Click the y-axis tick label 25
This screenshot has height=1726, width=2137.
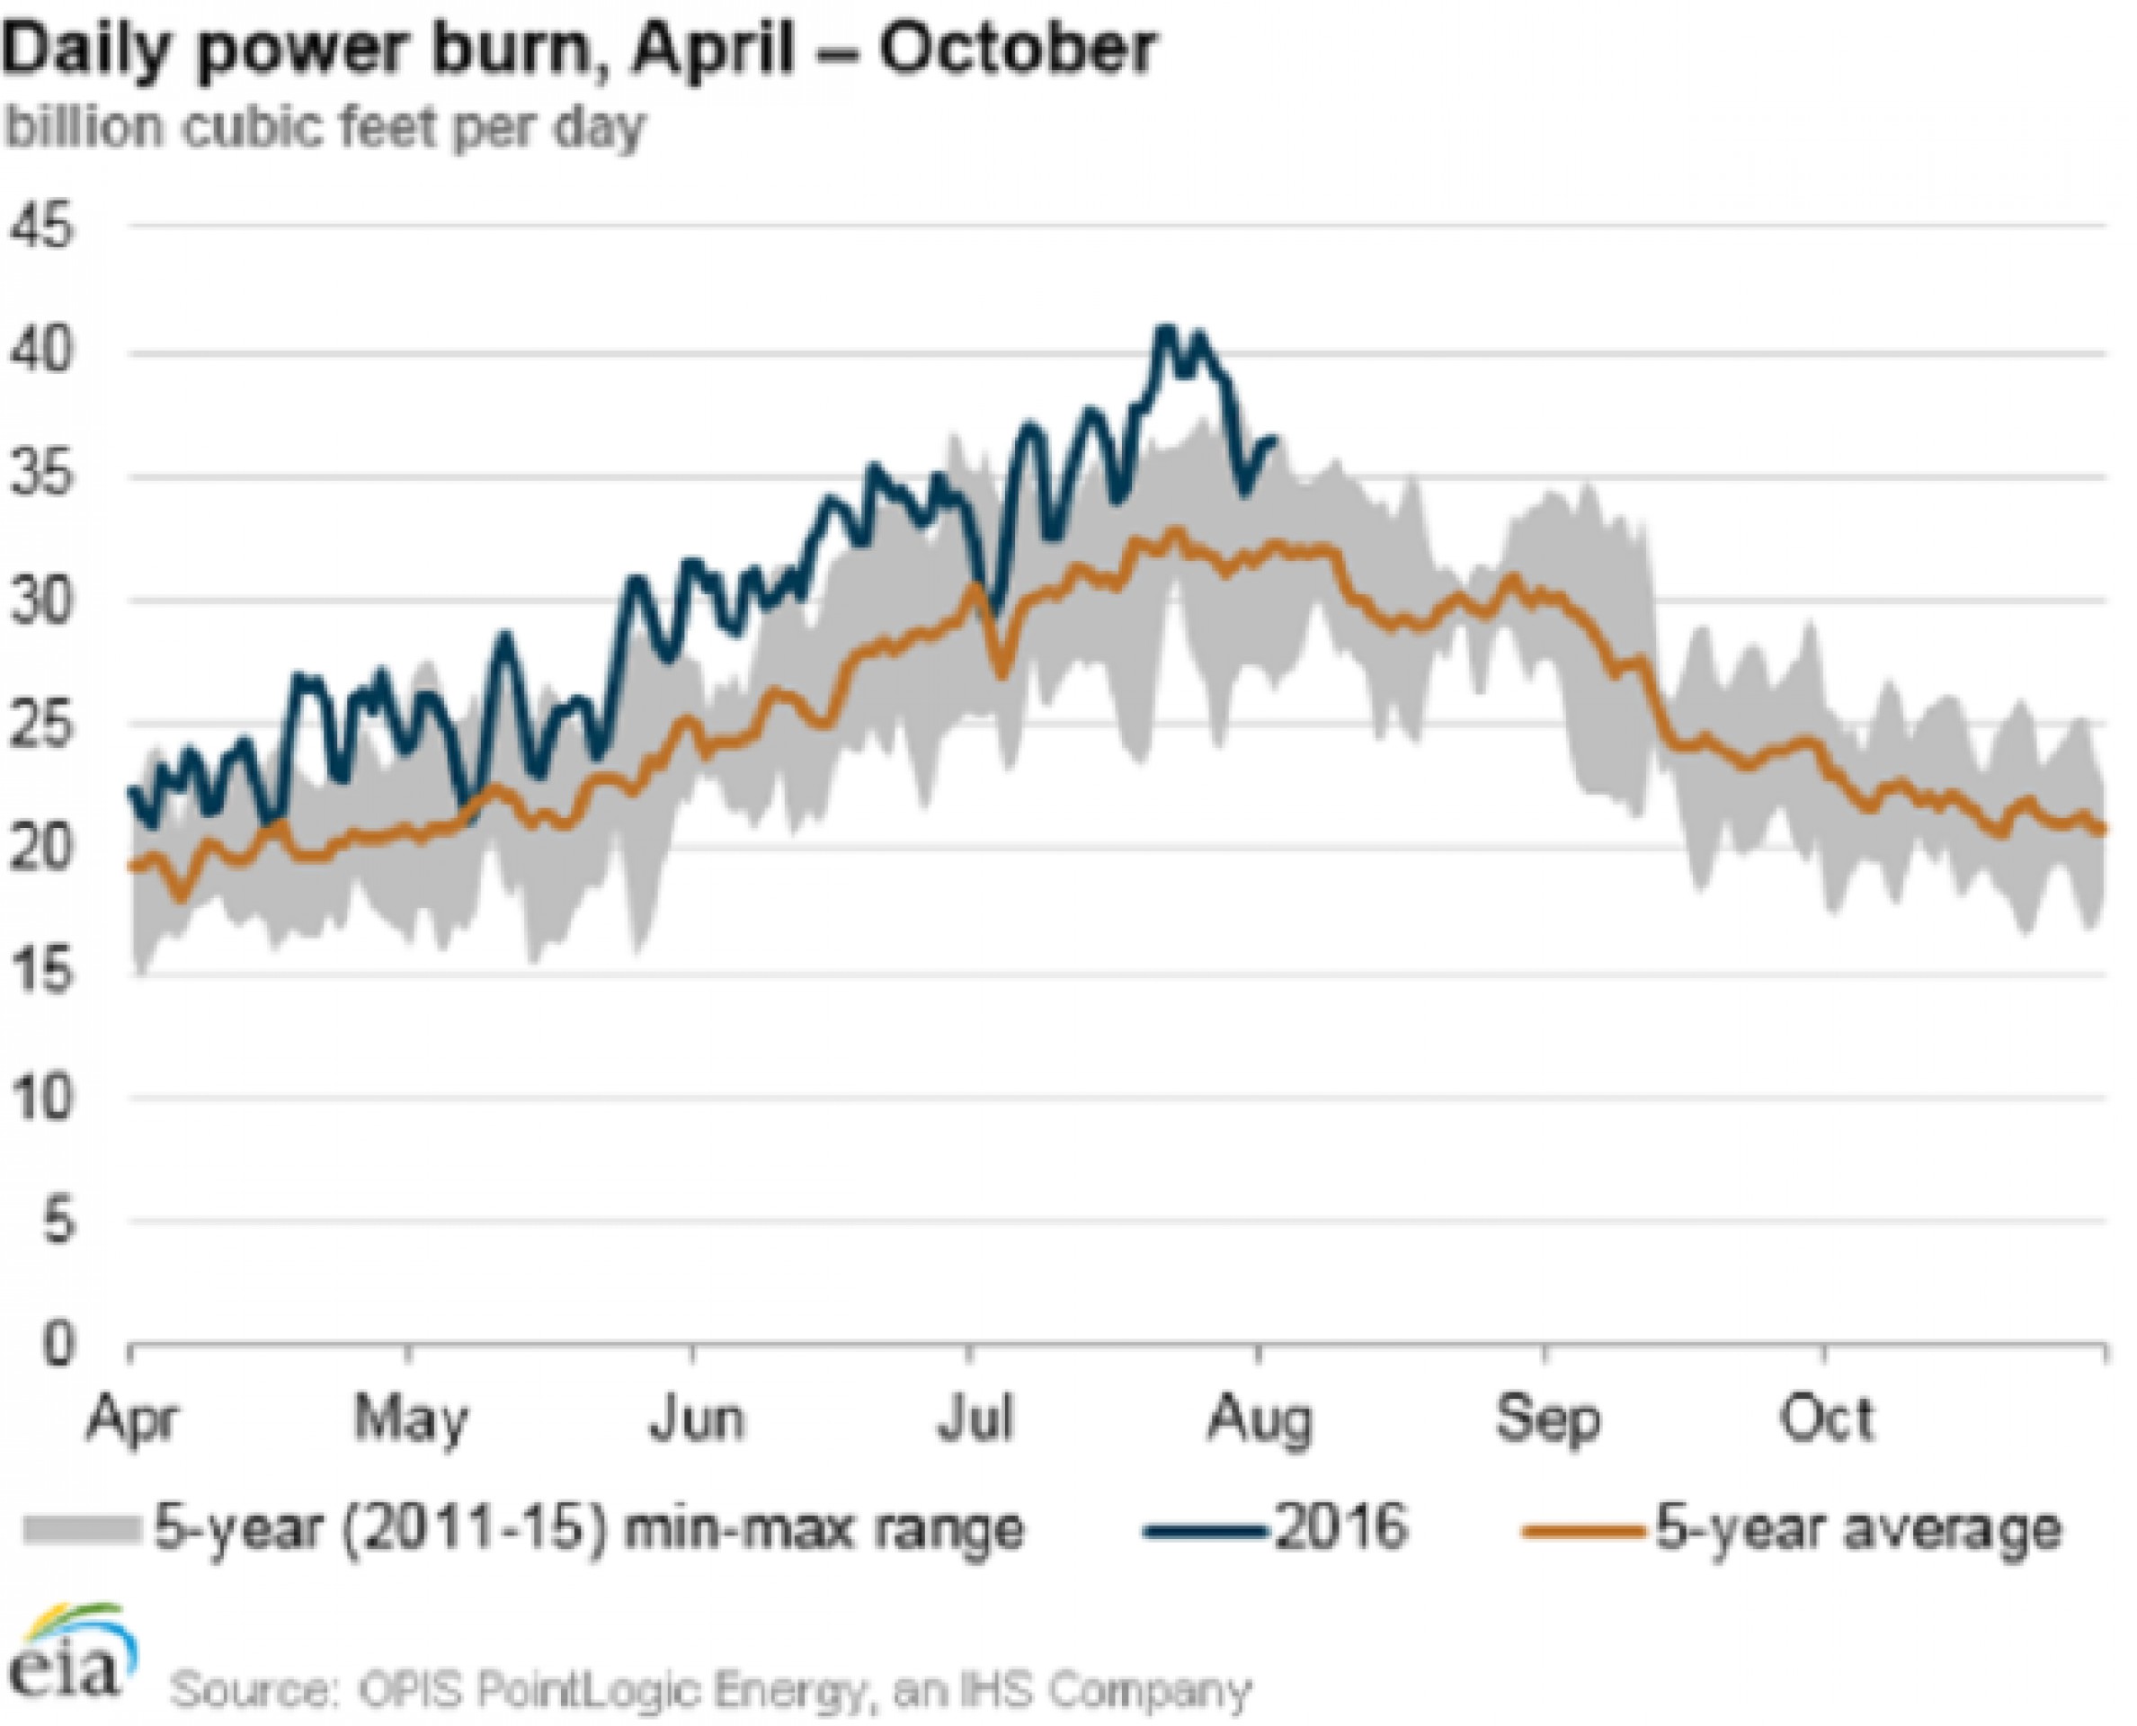pos(44,726)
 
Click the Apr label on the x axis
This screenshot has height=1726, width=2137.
pos(131,1419)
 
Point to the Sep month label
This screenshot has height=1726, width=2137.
pos(1547,1419)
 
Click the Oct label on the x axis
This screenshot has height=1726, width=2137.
pos(1827,1419)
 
